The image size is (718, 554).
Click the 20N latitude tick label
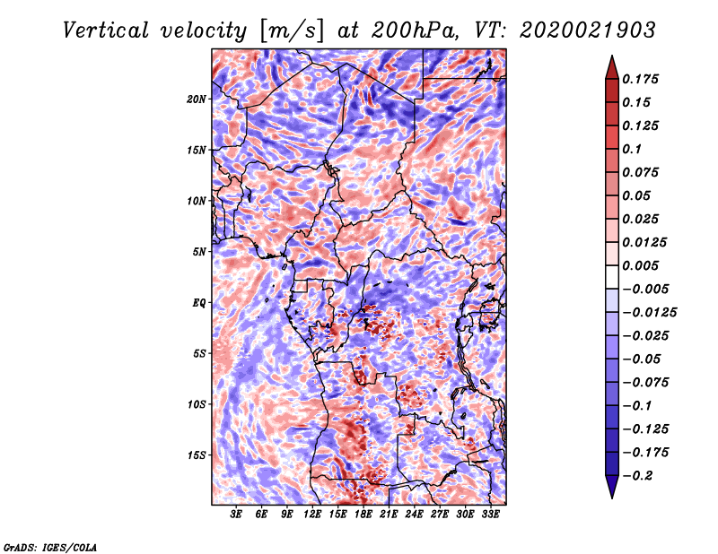[x=197, y=99]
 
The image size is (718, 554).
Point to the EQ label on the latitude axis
[x=198, y=303]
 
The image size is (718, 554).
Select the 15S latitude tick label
[x=197, y=455]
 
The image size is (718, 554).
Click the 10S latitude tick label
[x=197, y=404]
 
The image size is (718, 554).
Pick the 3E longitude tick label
[x=237, y=515]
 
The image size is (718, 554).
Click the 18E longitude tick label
[x=363, y=515]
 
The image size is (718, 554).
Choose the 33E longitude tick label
[x=490, y=515]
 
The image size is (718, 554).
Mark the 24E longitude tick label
[x=414, y=515]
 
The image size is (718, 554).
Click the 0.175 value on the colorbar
[x=644, y=79]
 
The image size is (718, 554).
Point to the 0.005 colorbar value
[x=644, y=265]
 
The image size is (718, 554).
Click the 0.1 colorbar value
[x=635, y=149]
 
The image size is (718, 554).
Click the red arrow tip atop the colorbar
[x=610, y=63]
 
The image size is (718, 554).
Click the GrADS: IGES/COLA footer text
[x=49, y=546]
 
